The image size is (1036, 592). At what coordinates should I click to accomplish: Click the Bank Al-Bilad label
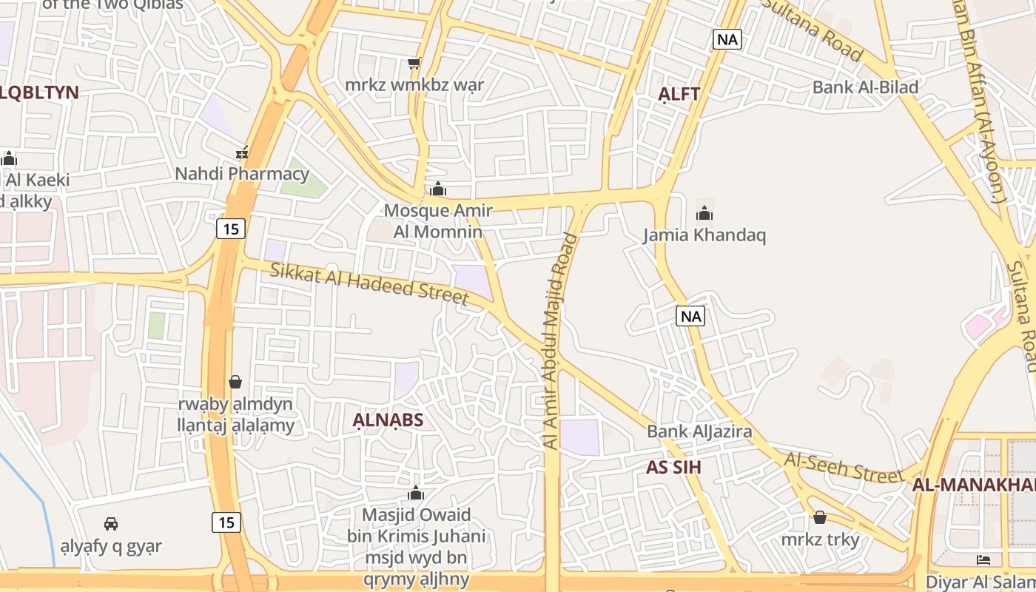coord(865,87)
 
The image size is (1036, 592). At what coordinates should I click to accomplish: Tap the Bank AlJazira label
coord(699,431)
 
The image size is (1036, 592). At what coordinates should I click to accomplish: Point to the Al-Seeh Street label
coord(844,468)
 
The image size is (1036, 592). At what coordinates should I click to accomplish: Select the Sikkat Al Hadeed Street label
coord(369,283)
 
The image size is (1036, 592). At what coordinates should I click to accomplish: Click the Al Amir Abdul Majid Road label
coord(560,340)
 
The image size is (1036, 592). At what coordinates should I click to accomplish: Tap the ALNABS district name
coord(388,421)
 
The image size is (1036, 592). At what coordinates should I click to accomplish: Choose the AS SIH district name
coord(673,468)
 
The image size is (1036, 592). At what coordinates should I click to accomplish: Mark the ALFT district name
coord(679,95)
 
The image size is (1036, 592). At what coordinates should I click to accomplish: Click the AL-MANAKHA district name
coord(973,485)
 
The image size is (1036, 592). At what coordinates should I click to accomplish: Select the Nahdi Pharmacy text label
coord(242,174)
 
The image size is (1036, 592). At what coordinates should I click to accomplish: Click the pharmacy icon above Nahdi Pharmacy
coord(242,153)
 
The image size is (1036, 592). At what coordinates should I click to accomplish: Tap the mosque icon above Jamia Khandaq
coord(704,214)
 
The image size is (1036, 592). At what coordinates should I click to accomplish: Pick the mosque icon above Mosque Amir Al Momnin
coord(438,189)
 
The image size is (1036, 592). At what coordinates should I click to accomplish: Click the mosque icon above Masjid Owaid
coord(416,493)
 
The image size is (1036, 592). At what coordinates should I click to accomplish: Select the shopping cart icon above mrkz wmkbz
coord(414,64)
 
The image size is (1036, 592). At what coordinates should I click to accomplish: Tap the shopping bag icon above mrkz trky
coord(820,517)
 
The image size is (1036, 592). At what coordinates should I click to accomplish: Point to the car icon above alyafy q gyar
coord(111,524)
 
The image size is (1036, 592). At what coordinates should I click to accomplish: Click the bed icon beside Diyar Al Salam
coord(983,559)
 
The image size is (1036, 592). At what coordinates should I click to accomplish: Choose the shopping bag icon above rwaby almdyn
coord(235,382)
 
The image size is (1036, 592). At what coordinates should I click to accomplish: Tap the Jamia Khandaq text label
coord(704,235)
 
